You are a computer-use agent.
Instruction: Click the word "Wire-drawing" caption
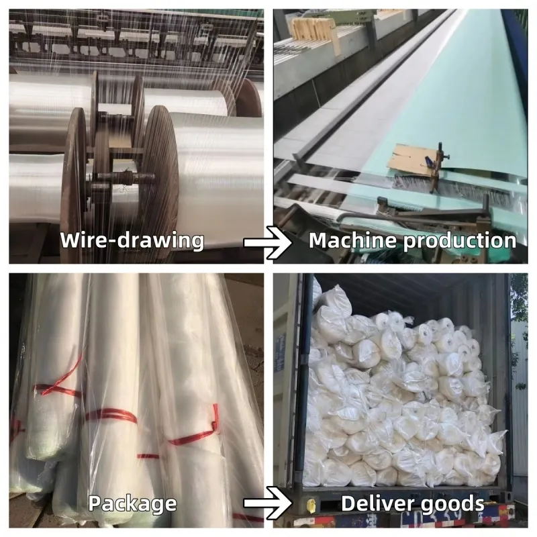coord(132,240)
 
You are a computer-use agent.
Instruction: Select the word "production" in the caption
coord(460,242)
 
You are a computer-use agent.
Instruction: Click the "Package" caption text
coord(132,504)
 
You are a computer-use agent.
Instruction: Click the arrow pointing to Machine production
coord(268,242)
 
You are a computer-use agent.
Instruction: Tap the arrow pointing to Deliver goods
coord(268,503)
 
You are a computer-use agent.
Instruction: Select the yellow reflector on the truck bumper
coord(311,504)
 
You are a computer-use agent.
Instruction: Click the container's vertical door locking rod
coord(298,394)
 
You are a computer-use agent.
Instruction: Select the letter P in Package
coord(95,503)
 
